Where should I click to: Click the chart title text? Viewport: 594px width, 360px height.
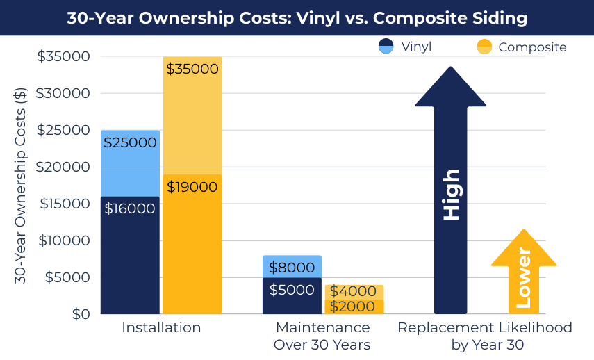point(297,18)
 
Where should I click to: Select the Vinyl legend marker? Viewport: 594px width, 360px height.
point(386,47)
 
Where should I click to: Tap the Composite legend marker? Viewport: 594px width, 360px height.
point(484,47)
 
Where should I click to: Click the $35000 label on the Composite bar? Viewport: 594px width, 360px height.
point(192,69)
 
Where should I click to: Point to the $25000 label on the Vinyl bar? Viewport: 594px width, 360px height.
point(130,142)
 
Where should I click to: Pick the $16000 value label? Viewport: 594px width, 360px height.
point(130,208)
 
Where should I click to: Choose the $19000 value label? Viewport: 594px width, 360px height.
point(192,187)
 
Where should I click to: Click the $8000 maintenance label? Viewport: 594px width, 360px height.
point(292,268)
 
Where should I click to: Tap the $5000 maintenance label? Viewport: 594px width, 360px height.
point(292,290)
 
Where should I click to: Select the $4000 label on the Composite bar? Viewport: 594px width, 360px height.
point(354,292)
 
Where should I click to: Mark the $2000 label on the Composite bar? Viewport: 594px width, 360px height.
point(354,306)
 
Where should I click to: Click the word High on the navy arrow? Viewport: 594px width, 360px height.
point(451,195)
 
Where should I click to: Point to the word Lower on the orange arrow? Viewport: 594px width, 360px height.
point(523,278)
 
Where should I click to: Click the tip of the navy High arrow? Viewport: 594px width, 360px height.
point(451,69)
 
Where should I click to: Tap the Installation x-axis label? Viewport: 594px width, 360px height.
point(161,327)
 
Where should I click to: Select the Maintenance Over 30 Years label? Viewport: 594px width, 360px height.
point(322,336)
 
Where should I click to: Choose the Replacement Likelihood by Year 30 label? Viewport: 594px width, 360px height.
point(485,336)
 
